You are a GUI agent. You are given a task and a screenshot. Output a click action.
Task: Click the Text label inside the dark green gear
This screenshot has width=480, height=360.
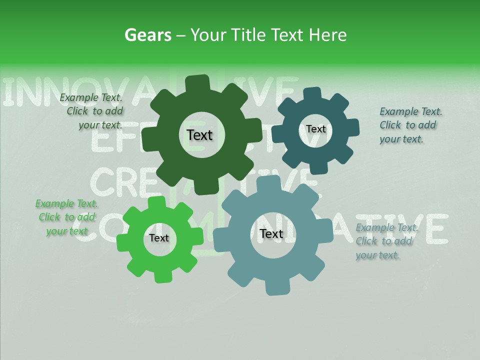click(x=199, y=135)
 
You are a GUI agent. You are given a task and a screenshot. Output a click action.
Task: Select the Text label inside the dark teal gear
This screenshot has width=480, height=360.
click(x=315, y=129)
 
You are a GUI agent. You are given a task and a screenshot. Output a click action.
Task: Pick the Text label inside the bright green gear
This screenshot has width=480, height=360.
click(x=159, y=238)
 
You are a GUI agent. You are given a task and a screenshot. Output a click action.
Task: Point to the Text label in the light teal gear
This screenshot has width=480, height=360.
click(x=271, y=233)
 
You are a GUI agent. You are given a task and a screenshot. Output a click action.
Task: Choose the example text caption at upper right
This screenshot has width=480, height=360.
click(x=410, y=125)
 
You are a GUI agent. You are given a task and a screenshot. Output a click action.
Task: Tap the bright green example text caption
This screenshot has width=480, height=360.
click(x=66, y=217)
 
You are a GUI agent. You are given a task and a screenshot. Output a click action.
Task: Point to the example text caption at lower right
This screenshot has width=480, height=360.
click(x=386, y=241)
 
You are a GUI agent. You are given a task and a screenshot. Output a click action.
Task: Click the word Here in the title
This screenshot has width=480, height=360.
click(x=327, y=35)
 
